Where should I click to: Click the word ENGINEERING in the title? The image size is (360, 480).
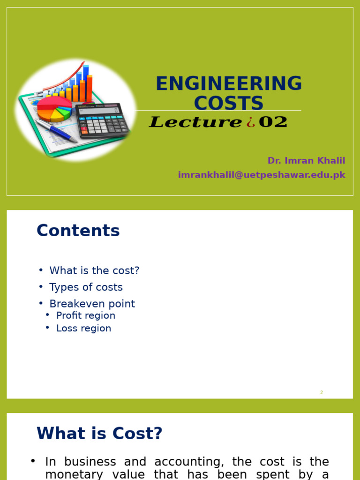pyautogui.click(x=229, y=84)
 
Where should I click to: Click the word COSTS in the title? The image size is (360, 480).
pyautogui.click(x=229, y=103)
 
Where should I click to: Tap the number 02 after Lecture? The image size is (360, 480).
pyautogui.click(x=273, y=122)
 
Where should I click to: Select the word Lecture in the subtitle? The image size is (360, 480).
pyautogui.click(x=195, y=122)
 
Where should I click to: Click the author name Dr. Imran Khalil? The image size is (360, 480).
pyautogui.click(x=306, y=161)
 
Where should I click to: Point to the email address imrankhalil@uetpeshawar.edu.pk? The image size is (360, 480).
pyautogui.click(x=262, y=175)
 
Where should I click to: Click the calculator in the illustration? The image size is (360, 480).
pyautogui.click(x=102, y=120)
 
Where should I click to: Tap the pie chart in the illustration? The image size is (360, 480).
pyautogui.click(x=53, y=108)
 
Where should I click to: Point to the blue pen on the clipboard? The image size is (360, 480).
pyautogui.click(x=56, y=130)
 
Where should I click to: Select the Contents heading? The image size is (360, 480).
pyautogui.click(x=78, y=231)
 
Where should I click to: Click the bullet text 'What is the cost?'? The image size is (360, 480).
pyautogui.click(x=94, y=271)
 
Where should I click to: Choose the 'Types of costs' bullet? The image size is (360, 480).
pyautogui.click(x=86, y=287)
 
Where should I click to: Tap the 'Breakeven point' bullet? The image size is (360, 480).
pyautogui.click(x=92, y=304)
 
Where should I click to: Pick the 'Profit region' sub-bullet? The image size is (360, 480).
pyautogui.click(x=85, y=315)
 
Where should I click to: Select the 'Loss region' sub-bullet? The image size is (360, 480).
pyautogui.click(x=83, y=328)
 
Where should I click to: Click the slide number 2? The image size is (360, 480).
pyautogui.click(x=322, y=392)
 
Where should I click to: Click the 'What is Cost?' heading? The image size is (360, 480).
pyautogui.click(x=99, y=434)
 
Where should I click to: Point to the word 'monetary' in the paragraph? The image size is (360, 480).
pyautogui.click(x=74, y=474)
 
